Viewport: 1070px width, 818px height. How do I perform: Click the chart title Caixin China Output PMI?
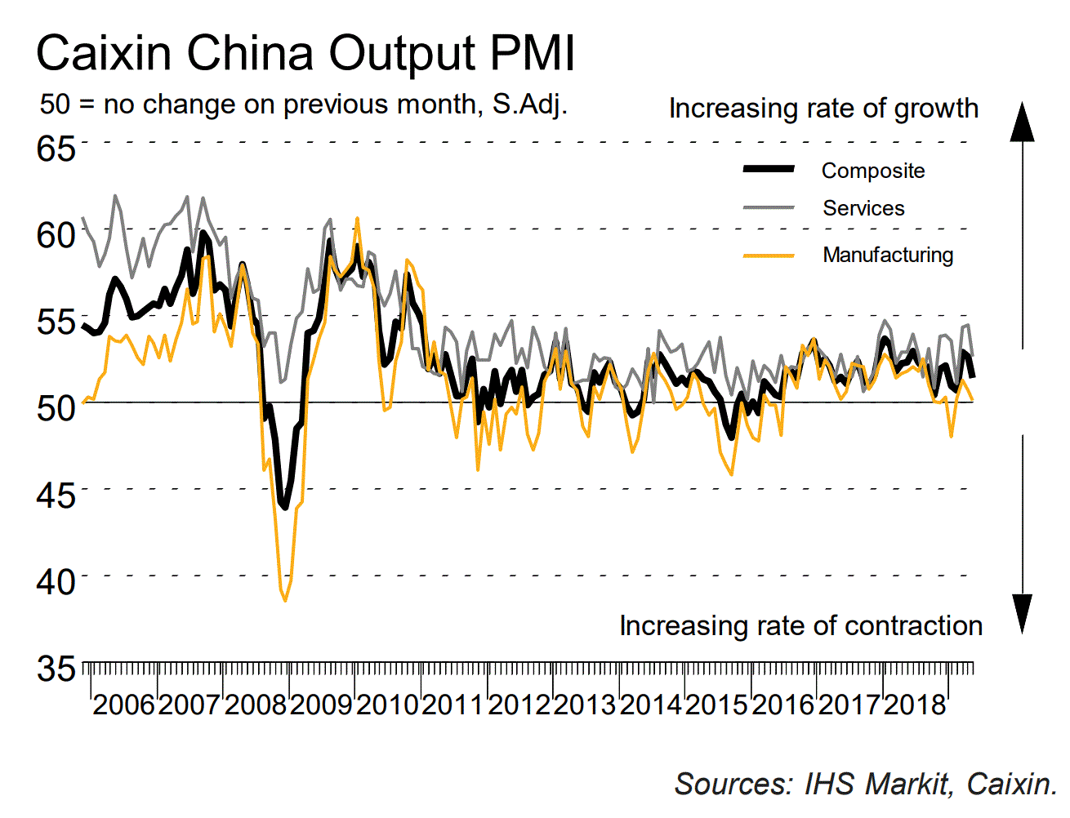click(305, 54)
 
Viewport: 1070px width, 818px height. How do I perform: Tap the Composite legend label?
click(872, 171)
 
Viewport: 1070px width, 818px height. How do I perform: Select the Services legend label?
click(863, 208)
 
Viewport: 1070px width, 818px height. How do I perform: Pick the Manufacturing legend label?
click(888, 255)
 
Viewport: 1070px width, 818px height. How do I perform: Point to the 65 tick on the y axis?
click(56, 149)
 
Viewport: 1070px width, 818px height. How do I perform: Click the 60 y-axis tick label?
click(56, 235)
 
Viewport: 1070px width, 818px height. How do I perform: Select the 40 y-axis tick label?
click(56, 581)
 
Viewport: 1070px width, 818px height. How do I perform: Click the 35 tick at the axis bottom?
click(56, 669)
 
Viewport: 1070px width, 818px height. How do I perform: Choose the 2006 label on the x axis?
click(123, 704)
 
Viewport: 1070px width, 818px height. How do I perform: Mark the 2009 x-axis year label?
click(321, 704)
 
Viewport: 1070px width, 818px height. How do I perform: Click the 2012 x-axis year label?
click(519, 704)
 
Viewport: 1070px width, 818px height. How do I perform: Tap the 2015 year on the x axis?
click(716, 704)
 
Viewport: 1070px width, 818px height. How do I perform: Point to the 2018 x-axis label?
click(914, 704)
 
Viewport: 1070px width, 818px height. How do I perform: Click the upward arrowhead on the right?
click(1022, 122)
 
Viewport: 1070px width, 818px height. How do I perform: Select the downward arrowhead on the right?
click(1022, 614)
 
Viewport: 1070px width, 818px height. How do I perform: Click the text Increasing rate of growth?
click(823, 109)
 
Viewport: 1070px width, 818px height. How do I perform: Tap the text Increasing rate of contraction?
click(800, 626)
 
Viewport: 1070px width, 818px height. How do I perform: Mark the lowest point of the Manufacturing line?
click(285, 600)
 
